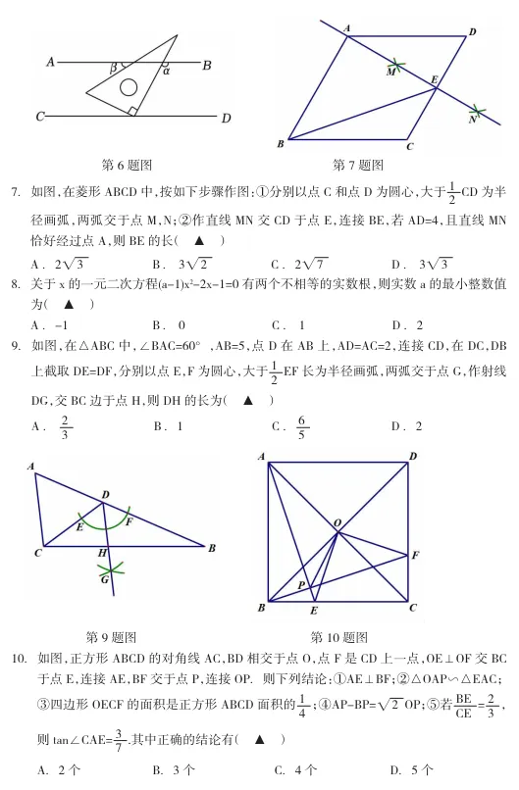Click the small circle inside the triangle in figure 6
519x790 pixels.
[130, 87]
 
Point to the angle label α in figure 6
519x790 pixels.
[166, 71]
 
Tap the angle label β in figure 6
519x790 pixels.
[114, 68]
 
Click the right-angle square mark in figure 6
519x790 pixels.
[132, 112]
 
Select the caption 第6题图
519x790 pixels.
[128, 165]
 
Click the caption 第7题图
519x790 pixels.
[359, 165]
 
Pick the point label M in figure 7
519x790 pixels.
[390, 72]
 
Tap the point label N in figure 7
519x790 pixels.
[471, 120]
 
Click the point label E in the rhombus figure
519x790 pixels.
[434, 77]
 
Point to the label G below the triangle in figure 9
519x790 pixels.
[103, 579]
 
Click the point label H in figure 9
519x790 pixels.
[101, 554]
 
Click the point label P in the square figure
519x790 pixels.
[301, 584]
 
